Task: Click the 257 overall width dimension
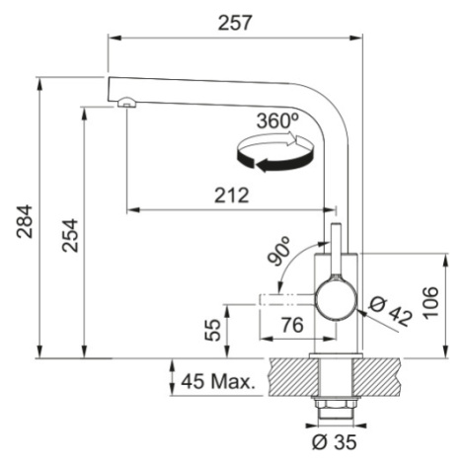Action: (235, 23)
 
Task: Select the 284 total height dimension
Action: (25, 221)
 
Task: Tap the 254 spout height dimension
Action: (70, 235)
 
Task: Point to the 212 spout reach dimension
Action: (232, 195)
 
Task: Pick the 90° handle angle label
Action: (278, 250)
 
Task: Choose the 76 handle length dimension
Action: (292, 325)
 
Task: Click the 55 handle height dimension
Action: (212, 330)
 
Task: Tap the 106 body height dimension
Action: (430, 303)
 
